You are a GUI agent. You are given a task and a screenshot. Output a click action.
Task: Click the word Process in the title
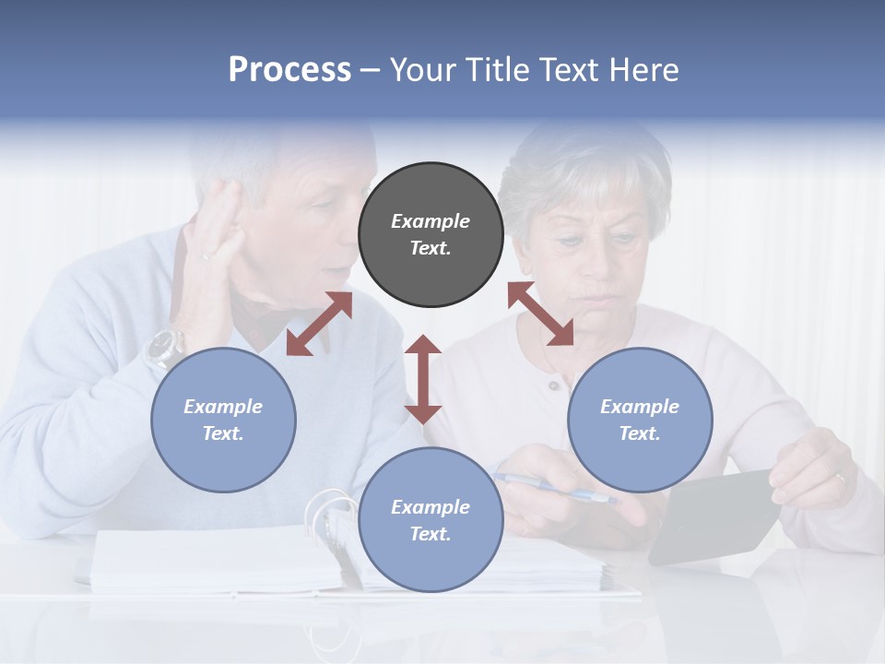289,70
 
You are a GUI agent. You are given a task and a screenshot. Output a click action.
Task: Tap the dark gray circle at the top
431,235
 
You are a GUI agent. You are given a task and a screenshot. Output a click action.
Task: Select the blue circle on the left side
223,420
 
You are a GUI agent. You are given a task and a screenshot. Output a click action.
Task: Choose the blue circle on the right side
640,420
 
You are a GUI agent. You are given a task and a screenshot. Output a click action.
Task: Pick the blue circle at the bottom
431,520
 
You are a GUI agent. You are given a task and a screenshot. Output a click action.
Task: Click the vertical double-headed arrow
423,379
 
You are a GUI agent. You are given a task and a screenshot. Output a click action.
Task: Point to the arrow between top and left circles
319,324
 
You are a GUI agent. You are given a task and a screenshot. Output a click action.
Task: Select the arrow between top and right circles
540,314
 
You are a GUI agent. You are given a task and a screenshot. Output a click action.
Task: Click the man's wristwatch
164,347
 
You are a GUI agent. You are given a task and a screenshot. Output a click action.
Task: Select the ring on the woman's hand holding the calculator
840,478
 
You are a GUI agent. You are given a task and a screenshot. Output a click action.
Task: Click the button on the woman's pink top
553,385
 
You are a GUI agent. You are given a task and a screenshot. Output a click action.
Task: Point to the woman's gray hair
581,166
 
